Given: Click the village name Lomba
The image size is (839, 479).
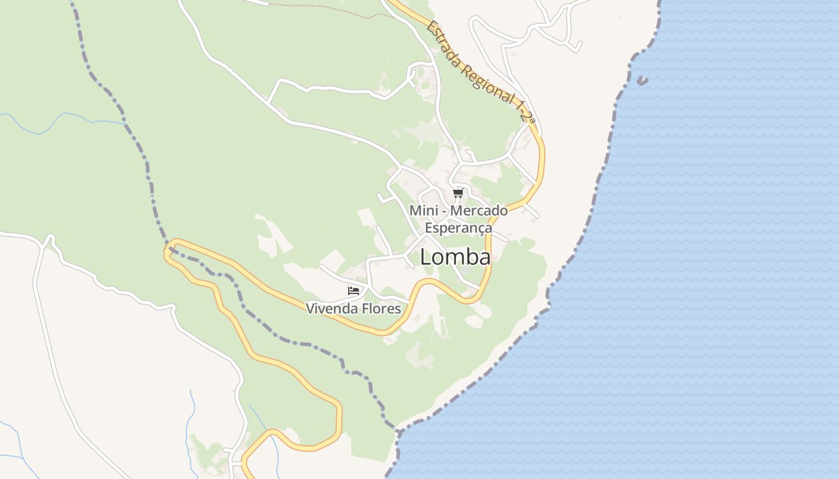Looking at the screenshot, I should pos(455,257).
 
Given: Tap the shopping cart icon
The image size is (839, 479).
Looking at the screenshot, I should pos(458,193).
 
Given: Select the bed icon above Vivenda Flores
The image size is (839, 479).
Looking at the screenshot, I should pos(354,291).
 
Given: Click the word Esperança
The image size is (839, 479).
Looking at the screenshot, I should pos(458,228).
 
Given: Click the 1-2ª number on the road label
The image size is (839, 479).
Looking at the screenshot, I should pos(524,111).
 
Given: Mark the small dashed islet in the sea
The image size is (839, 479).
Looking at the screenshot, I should pos(642,80).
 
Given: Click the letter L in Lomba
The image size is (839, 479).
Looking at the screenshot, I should pos(425,257).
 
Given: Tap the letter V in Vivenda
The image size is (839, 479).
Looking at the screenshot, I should pos(310,309).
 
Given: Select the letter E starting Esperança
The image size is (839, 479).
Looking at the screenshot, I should pos(428,228).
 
